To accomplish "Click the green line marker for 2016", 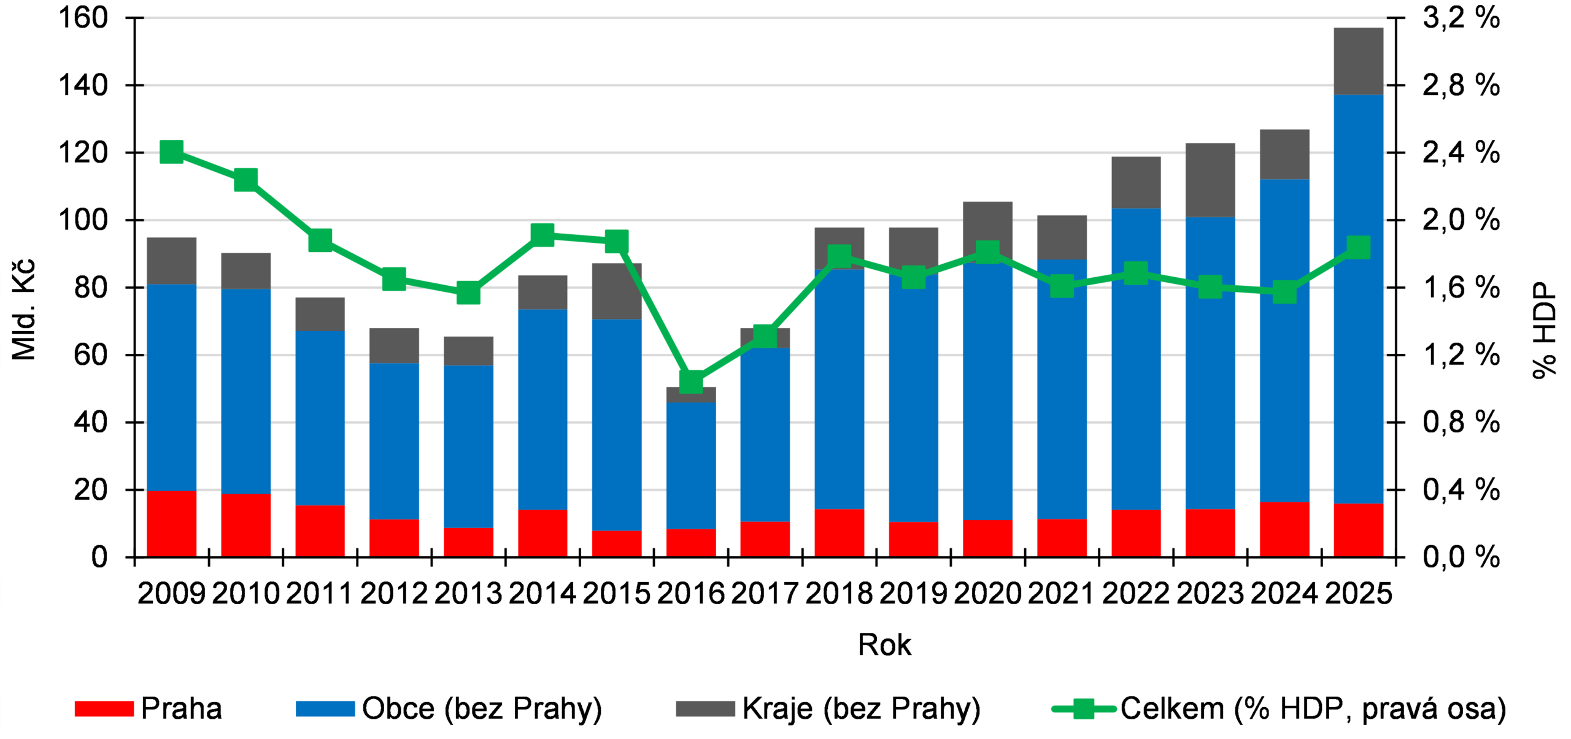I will coord(691,381).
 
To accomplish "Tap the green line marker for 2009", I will coord(172,151).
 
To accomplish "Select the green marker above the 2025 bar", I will coord(1359,247).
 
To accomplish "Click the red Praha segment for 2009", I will coord(172,524).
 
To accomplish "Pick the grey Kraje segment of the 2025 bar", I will coord(1359,61).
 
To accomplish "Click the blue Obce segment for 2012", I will coord(394,442).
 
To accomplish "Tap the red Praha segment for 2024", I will coord(1284,529).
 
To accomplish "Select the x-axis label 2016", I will coord(691,593).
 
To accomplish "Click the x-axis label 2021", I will coord(1062,593).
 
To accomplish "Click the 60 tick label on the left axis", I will coord(91,355).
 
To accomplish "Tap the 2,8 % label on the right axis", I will coord(1461,85).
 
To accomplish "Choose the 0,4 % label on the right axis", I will coord(1461,490).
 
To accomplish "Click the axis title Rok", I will coord(884,645).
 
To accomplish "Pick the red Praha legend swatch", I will coord(104,708).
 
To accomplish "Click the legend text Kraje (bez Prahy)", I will coord(861,708).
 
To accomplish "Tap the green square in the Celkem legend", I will coord(1084,709).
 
